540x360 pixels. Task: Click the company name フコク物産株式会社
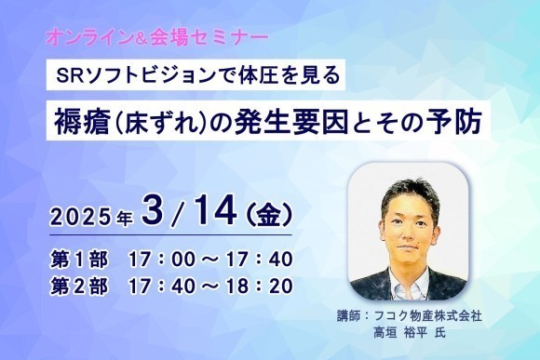[447, 317]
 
